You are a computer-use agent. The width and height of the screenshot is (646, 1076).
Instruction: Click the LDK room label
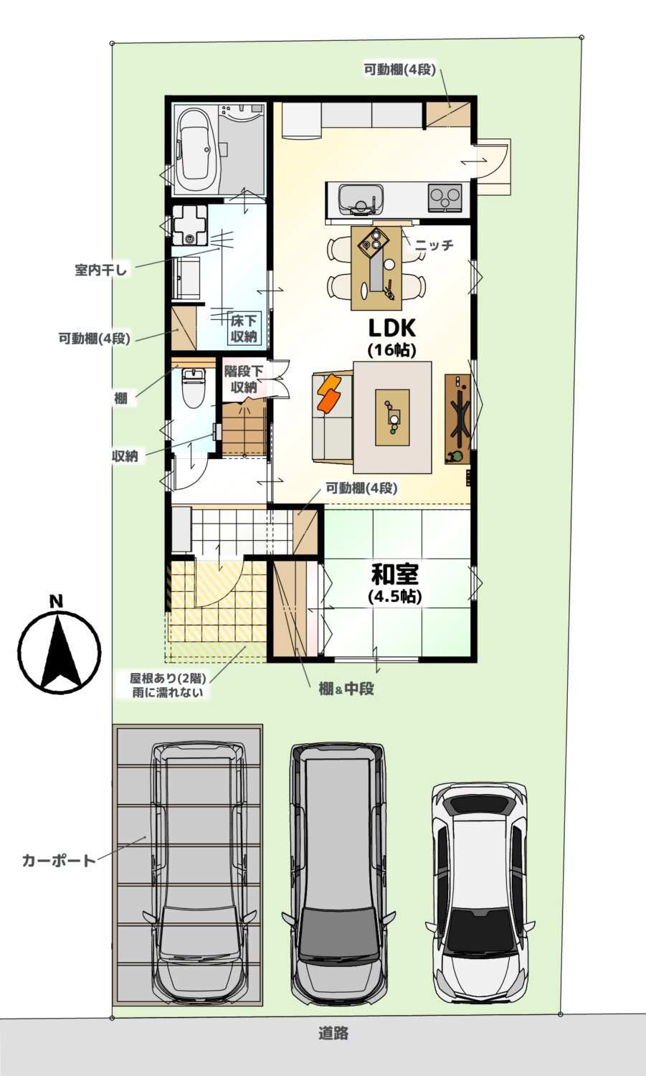392,328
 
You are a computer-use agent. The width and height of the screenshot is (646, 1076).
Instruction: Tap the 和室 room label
395,574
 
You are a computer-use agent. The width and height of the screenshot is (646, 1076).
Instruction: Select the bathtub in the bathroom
196,151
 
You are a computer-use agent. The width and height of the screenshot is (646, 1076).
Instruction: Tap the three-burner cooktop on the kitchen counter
445,197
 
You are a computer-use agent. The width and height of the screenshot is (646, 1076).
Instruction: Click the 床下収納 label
244,329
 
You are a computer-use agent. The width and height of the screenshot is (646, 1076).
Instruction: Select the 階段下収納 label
244,379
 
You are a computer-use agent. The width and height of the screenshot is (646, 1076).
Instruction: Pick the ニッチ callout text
434,245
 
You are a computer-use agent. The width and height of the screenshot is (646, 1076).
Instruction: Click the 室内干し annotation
100,270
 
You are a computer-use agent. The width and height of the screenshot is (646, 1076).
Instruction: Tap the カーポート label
59,860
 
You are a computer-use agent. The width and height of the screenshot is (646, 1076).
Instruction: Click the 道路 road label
333,1033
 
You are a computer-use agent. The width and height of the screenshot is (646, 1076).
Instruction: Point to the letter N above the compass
57,601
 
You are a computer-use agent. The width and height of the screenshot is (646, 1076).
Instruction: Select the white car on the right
480,893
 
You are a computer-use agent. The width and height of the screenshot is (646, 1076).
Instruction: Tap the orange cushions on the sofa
330,393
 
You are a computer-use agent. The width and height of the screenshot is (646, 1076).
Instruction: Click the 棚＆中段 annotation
346,689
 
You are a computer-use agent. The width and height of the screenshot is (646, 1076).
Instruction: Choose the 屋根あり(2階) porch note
168,679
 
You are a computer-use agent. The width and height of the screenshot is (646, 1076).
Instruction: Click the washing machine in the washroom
189,225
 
